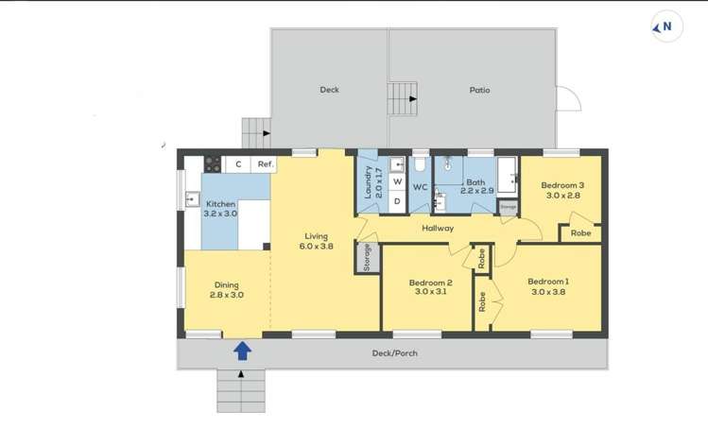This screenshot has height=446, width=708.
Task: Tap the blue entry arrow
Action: click(x=242, y=352)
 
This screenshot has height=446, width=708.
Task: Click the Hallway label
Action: click(x=438, y=228)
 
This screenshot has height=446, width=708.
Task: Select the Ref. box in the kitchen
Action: click(x=266, y=164)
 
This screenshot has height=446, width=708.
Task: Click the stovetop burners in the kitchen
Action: click(x=214, y=163)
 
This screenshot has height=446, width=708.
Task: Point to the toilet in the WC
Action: click(x=420, y=166)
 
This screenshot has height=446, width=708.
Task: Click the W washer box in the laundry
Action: click(x=397, y=181)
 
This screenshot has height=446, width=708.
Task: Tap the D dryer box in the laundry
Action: click(x=397, y=200)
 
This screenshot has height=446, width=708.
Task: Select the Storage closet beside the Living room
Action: click(x=366, y=258)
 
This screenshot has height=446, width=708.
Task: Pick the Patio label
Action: click(x=480, y=91)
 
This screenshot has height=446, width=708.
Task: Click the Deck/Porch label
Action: click(x=394, y=353)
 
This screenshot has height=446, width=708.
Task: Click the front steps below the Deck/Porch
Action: click(x=242, y=389)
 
